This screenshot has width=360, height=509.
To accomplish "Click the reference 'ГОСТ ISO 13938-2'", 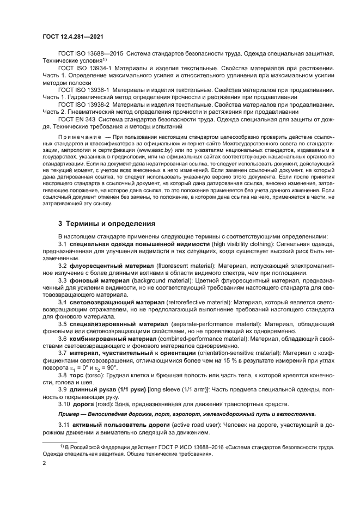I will pyautogui.click(x=85, y=104).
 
